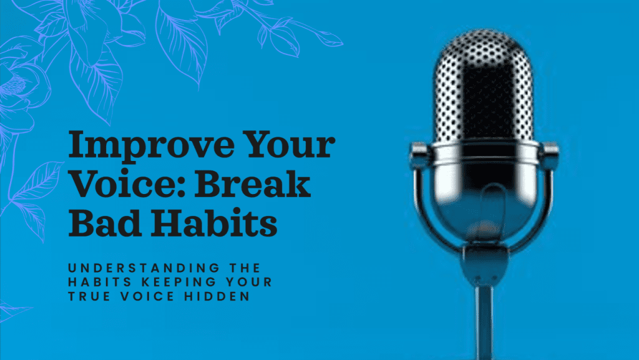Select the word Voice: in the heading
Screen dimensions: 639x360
125,184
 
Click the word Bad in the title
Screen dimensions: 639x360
103,223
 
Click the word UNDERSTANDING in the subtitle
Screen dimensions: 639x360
144,268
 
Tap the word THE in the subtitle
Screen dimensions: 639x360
245,268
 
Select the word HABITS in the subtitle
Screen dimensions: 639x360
100,282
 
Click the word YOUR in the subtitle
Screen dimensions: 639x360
248,282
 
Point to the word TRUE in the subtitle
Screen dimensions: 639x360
89,296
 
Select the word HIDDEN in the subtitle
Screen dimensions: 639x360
217,296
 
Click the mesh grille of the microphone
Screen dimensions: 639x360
484,85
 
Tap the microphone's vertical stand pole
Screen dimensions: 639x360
485,322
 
